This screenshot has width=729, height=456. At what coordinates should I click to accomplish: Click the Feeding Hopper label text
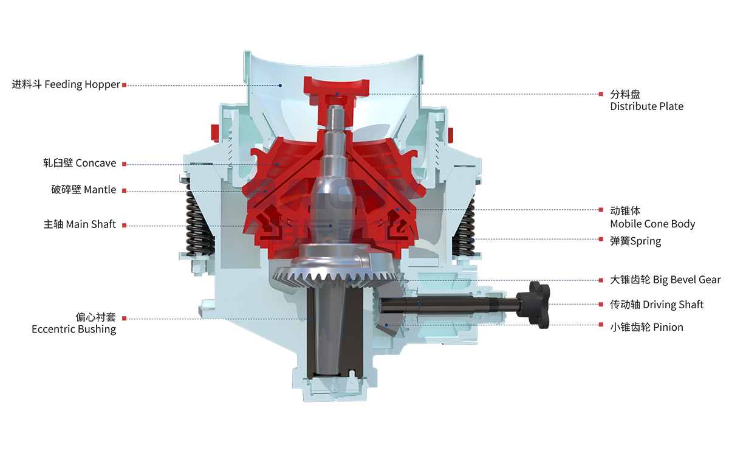point(66,85)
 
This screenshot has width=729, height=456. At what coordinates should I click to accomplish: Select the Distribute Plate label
point(646,100)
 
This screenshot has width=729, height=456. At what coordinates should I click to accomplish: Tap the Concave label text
point(80,163)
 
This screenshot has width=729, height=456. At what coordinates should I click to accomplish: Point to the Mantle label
point(84,190)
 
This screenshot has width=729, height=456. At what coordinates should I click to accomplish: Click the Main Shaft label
point(80,224)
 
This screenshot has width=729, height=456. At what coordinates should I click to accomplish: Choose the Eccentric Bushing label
point(74,323)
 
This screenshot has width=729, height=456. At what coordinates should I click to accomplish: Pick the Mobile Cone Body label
point(652,217)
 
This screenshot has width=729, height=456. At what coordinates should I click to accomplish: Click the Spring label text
point(635,241)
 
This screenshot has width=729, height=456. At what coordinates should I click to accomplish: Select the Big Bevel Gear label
point(665,280)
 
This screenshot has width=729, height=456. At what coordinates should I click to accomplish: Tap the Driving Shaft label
point(657,305)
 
